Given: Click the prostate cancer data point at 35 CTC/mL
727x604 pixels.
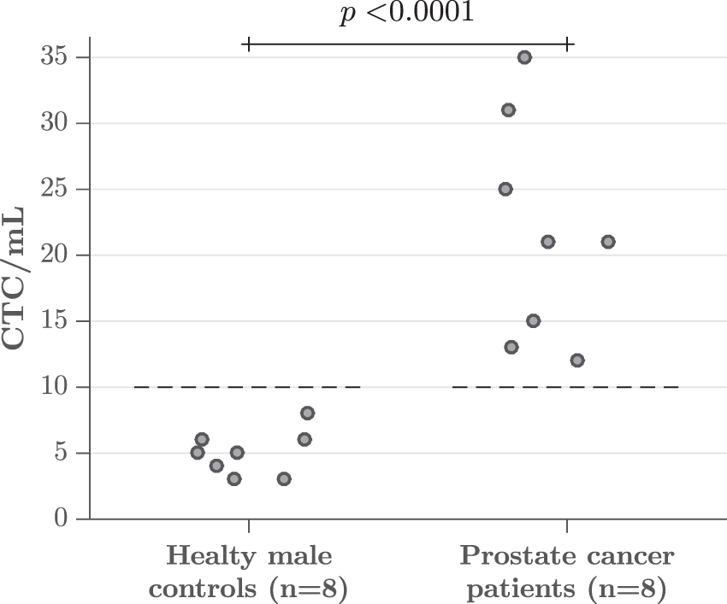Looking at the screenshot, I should pyautogui.click(x=524, y=57).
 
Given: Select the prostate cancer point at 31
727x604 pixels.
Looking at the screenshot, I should pyautogui.click(x=508, y=110).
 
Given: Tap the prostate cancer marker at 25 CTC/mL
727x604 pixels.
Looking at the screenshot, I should pyautogui.click(x=505, y=189).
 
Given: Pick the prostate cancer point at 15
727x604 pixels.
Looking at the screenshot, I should pyautogui.click(x=533, y=321).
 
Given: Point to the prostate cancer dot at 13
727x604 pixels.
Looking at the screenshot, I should pyautogui.click(x=511, y=347).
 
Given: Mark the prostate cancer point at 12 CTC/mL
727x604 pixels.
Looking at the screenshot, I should pyautogui.click(x=577, y=361).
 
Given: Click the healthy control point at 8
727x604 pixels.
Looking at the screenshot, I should pyautogui.click(x=307, y=413).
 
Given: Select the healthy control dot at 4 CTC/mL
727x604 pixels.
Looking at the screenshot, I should pyautogui.click(x=216, y=466).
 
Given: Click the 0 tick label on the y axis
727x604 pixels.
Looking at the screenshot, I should pyautogui.click(x=60, y=519).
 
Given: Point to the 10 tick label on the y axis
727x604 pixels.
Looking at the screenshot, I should pyautogui.click(x=54, y=387).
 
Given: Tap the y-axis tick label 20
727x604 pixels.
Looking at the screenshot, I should pyautogui.click(x=54, y=255).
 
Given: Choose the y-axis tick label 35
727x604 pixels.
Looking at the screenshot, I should pyautogui.click(x=54, y=57).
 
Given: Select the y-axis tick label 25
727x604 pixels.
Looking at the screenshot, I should pyautogui.click(x=54, y=189).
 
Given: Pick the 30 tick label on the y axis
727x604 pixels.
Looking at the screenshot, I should pyautogui.click(x=54, y=123).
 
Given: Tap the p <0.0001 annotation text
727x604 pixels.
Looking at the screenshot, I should pyautogui.click(x=406, y=15).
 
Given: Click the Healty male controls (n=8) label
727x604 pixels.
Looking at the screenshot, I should pyautogui.click(x=249, y=572).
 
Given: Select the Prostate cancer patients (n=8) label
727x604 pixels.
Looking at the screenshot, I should pyautogui.click(x=567, y=572).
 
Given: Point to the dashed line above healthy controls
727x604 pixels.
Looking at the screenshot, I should pyautogui.click(x=248, y=387).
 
